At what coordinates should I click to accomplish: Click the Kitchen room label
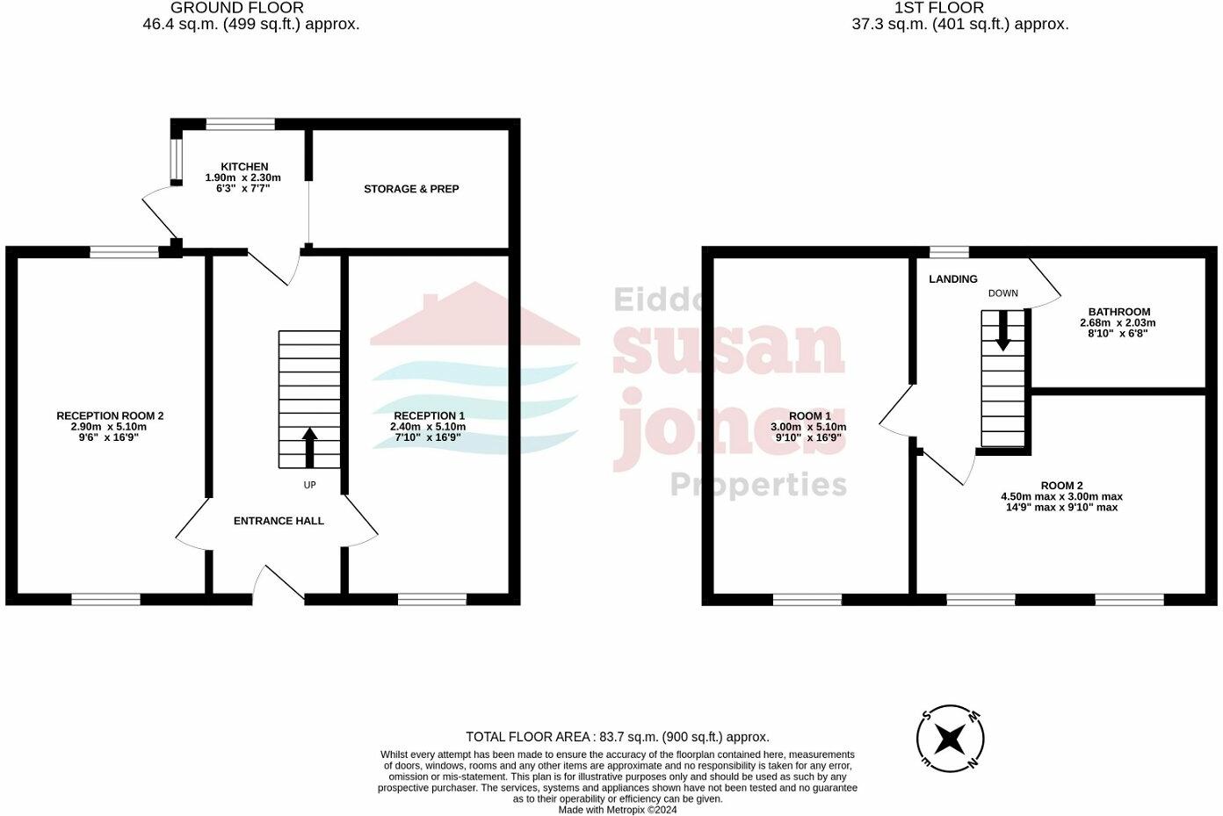pos(244,167)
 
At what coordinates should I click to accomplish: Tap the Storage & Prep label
pos(411,189)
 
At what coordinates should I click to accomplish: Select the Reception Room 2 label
pos(110,415)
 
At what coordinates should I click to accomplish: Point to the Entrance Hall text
pos(279,521)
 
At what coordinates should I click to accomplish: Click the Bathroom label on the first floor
pos(1118,312)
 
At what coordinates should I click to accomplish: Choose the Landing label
pos(953,279)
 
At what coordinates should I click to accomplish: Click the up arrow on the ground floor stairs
pos(309,447)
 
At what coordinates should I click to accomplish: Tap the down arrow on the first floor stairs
pos(1002,332)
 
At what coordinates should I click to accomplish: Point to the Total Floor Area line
pos(617,737)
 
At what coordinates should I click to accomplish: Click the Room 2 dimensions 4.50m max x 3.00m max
pos(1061,496)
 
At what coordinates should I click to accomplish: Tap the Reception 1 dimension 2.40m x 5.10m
pos(428,427)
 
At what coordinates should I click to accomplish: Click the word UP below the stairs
pos(309,485)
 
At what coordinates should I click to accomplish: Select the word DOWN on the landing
pos(1002,293)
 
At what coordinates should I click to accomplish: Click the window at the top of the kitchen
pos(240,124)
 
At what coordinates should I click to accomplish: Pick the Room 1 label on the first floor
pos(809,416)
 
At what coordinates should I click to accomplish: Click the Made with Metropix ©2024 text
pos(618,810)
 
